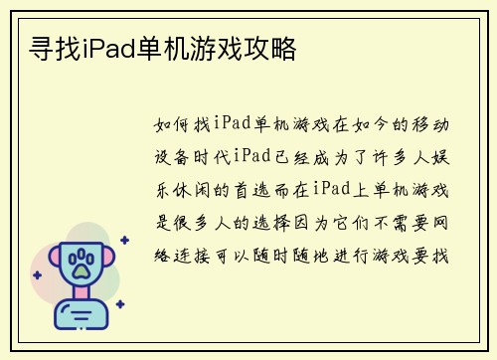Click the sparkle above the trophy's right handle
click(x=123, y=240)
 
